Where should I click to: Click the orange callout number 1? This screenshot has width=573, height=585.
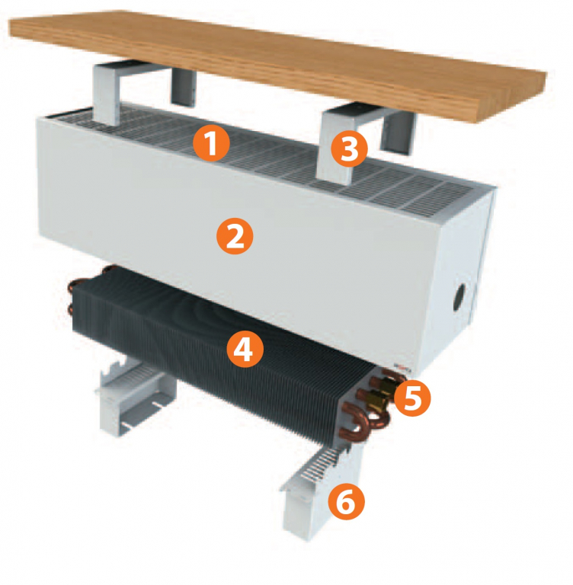tap(211, 144)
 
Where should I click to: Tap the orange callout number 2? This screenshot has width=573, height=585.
tap(235, 236)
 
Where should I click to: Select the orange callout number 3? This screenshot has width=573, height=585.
tap(350, 149)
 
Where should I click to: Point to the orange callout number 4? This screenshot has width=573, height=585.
tap(245, 349)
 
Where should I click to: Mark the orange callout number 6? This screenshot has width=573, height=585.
tap(347, 501)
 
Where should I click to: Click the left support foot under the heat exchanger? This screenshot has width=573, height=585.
tap(136, 395)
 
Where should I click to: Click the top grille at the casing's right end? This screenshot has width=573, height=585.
tap(440, 196)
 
